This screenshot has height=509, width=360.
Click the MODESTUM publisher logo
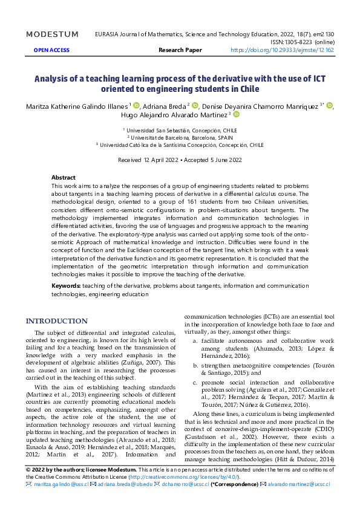pos(53,34)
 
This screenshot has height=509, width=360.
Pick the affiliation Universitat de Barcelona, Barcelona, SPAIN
pos(180,137)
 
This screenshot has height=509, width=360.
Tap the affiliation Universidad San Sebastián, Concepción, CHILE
pos(180,129)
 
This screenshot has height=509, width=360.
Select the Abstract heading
pos(64,178)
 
